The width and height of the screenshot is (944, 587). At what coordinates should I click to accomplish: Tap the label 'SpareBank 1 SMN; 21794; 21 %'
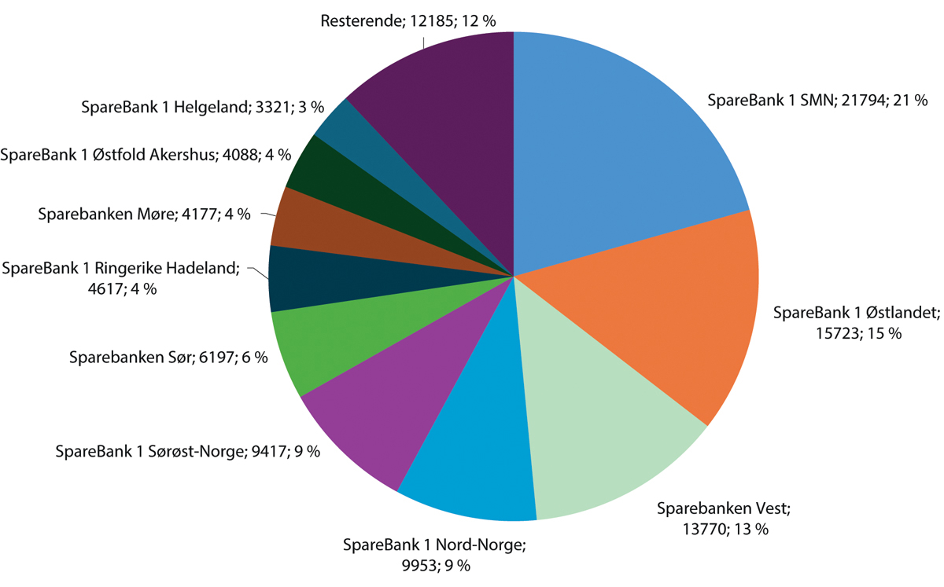[817, 100]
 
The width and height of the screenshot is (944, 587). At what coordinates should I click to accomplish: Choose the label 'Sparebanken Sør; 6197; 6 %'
[168, 357]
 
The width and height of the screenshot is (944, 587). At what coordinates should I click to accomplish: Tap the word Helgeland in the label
[225, 108]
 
